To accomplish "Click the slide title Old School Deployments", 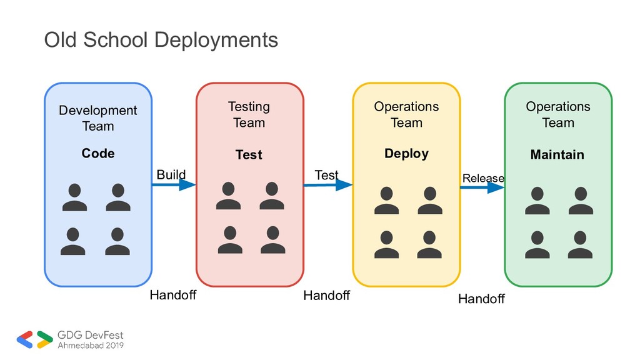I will coord(161,40).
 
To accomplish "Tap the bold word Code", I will coord(98,153).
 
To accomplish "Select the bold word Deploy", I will coord(406,153).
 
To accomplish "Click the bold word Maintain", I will coord(557,154).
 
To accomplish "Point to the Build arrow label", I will coord(171,174).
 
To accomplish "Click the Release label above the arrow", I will coord(482,178).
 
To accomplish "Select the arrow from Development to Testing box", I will coord(174,184).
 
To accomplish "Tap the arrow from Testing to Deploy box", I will coord(327,185).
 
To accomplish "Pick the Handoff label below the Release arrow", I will coord(481,299).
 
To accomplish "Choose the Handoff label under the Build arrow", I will coord(172,295).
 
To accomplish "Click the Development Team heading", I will coord(98,118).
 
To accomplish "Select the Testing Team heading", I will coord(249,115).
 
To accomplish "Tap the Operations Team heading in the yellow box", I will coord(406,114).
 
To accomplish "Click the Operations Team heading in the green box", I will coord(557,114).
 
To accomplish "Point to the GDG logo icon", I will coord(34,339).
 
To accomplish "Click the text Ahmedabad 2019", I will coord(90,344).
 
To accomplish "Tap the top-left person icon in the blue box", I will coord(74,197).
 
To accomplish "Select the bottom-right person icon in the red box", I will coord(272,240).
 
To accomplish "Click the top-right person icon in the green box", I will coord(581,201).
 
